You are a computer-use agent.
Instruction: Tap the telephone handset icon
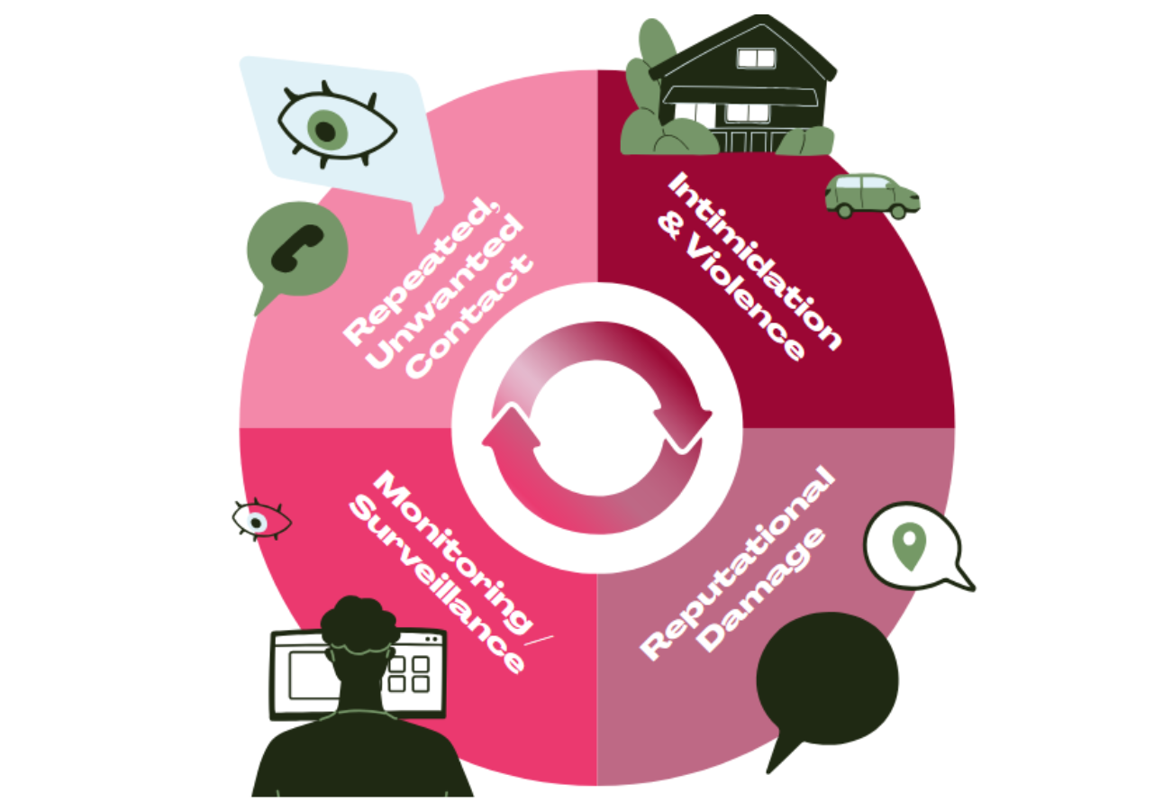(296, 247)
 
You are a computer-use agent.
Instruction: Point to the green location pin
(908, 546)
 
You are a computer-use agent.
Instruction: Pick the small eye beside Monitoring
(260, 520)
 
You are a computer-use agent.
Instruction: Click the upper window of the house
(755, 59)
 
